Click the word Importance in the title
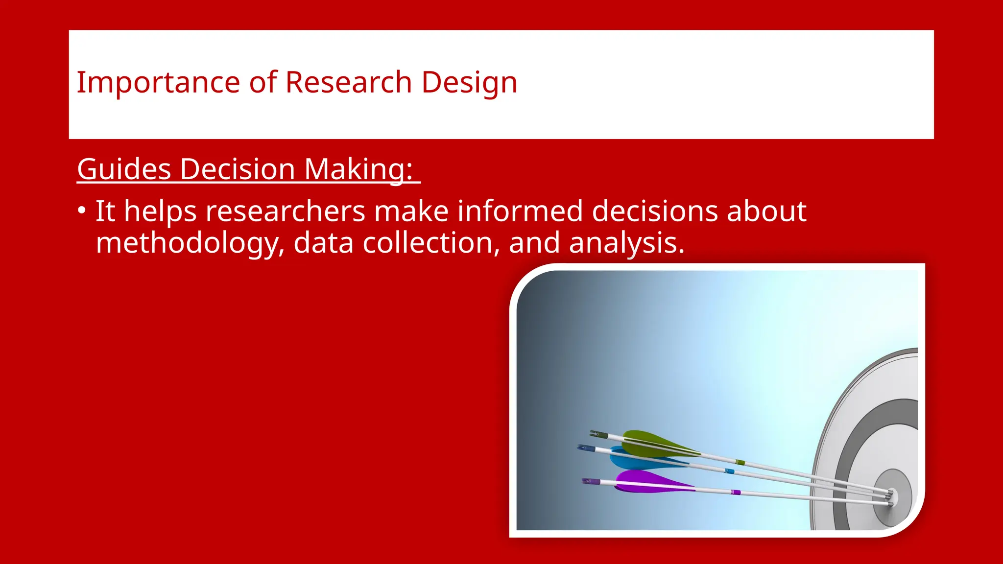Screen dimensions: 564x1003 [158, 82]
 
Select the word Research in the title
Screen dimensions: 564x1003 [348, 82]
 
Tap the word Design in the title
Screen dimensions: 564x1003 [469, 82]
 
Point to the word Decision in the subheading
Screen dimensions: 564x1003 [237, 169]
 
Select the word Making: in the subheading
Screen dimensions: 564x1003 [358, 169]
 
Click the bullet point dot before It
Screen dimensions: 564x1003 [82, 211]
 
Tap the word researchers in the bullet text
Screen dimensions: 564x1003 [285, 211]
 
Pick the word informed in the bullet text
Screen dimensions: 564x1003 [520, 211]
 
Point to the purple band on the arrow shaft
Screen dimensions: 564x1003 [735, 492]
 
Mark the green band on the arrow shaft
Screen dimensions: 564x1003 [740, 462]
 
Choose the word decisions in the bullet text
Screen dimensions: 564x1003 [655, 211]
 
